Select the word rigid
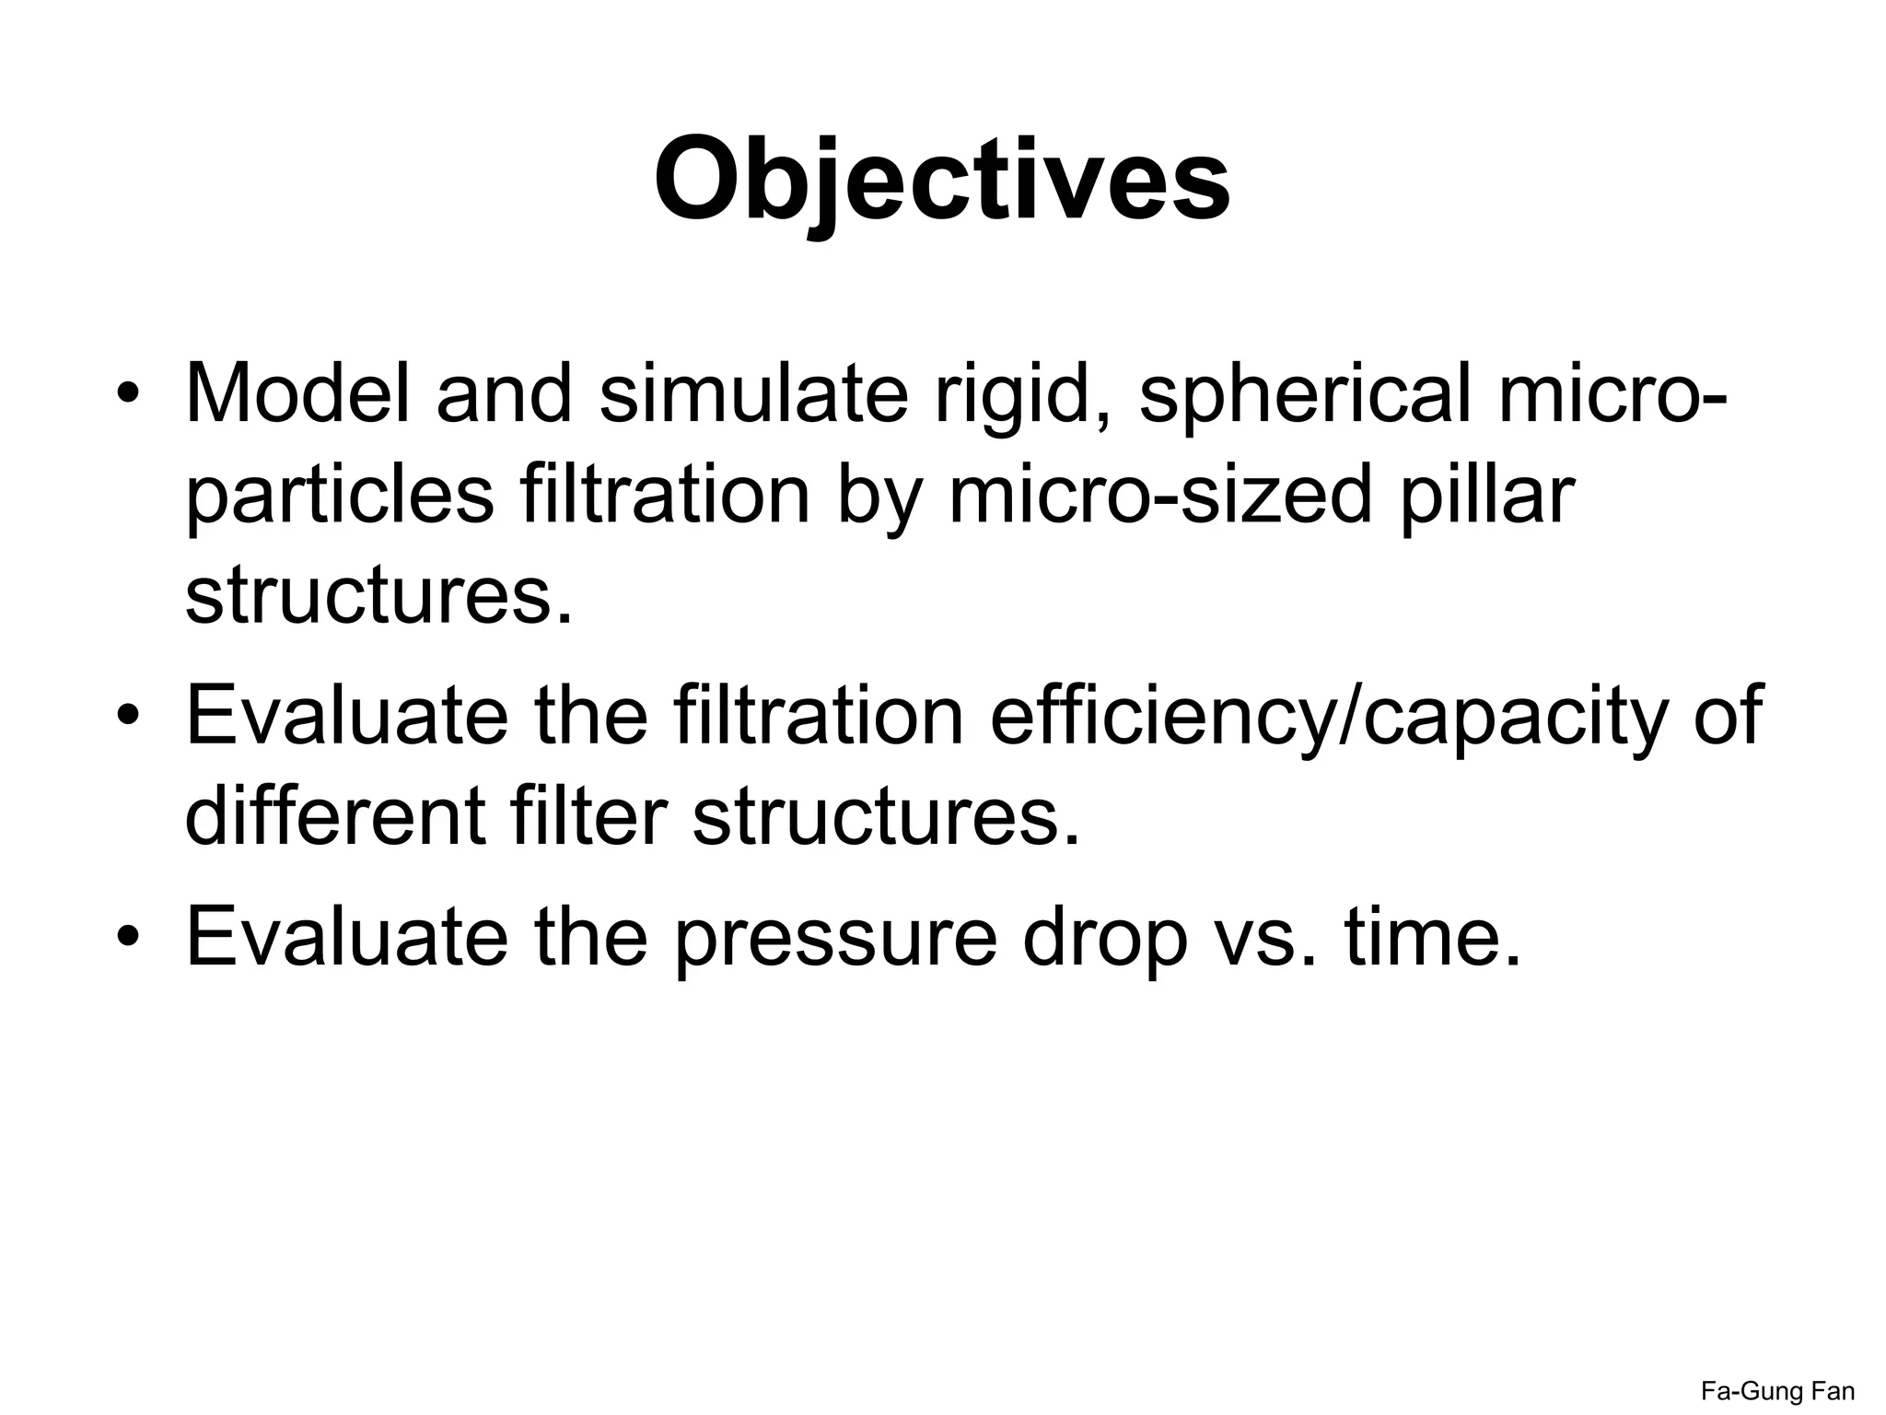coord(1021,393)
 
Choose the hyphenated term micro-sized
coord(1161,495)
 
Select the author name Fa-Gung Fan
coord(1777,1390)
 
